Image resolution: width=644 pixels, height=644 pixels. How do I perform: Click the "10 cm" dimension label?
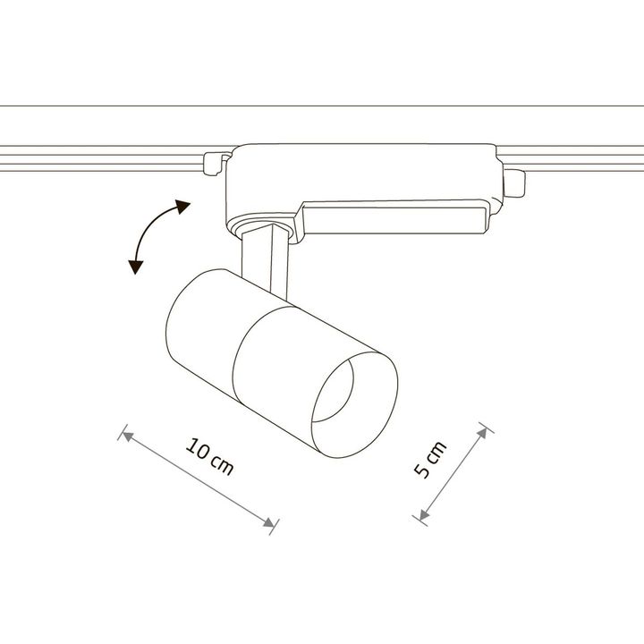209,457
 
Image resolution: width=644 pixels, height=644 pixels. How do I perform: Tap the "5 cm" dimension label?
429,460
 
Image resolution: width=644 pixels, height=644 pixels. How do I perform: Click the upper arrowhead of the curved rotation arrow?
182,207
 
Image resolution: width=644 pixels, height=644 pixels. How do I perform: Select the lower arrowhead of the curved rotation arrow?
135,267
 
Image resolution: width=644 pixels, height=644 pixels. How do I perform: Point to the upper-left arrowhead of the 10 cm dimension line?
128,436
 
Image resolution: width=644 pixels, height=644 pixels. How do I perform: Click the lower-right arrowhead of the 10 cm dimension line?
269,523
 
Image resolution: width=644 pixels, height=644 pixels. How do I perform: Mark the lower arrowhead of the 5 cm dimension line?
423,514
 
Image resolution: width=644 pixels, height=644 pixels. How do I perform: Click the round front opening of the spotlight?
354,404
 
